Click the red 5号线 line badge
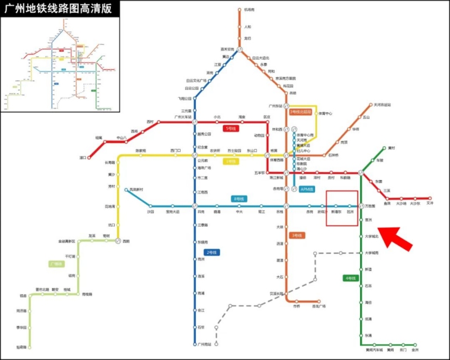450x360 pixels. point(231,129)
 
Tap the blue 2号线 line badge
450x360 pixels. point(212,253)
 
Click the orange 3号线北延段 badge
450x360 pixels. point(300,112)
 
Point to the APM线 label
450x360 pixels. point(307,189)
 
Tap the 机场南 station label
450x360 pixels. point(249,10)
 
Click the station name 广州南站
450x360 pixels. point(205,344)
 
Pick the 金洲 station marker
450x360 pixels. point(415,344)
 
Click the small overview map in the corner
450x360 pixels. point(60,64)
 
